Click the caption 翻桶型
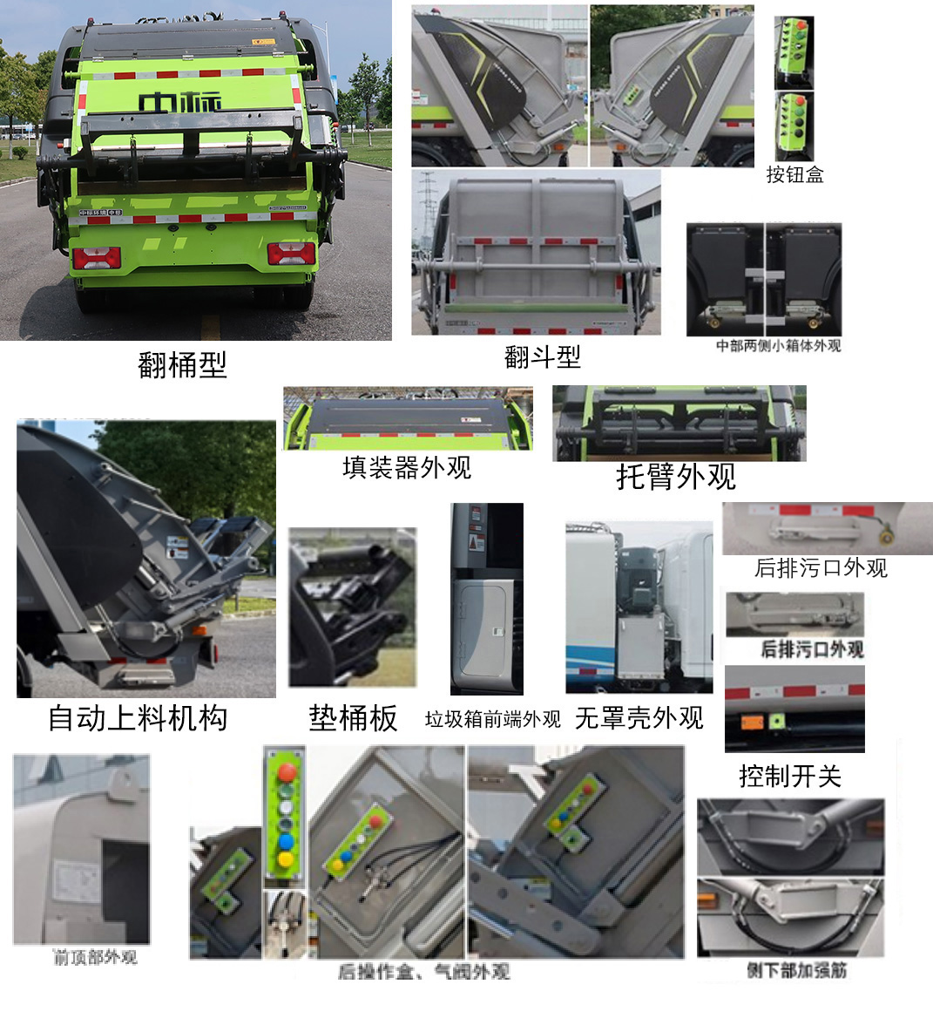pos(182,364)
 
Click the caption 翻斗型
pos(542,356)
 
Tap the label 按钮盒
pos(794,175)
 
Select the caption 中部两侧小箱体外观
pos(778,346)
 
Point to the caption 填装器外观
pos(407,468)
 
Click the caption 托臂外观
pos(676,476)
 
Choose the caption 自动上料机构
pos(138,718)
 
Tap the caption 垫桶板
pos(353,718)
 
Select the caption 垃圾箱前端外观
pos(492,720)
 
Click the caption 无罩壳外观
pos(639,718)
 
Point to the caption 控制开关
pos(790,775)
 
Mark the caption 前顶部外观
pos(95,958)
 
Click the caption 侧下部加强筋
pos(796,970)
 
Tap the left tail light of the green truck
pos(96,257)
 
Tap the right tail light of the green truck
pos(290,254)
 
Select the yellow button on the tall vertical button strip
pos(285,859)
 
